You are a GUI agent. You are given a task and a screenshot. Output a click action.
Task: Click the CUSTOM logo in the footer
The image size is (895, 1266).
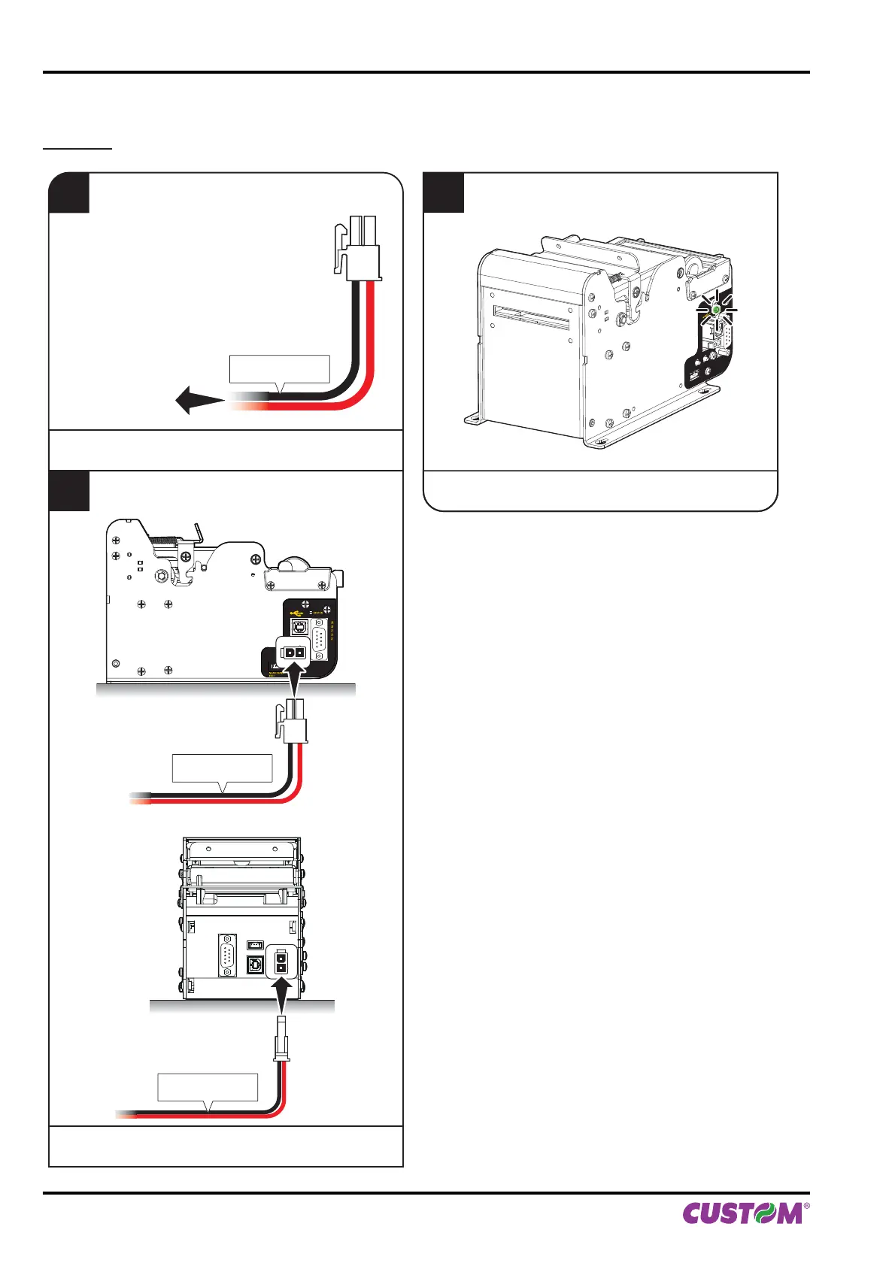pos(743,1213)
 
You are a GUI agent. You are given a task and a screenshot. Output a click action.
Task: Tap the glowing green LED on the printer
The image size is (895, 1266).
pos(717,309)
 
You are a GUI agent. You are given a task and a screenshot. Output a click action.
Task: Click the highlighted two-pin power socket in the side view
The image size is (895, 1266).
pos(293,653)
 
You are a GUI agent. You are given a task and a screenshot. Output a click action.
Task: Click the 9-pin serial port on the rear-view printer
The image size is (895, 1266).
pos(227,956)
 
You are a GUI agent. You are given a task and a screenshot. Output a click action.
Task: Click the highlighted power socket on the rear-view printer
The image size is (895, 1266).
pos(281,962)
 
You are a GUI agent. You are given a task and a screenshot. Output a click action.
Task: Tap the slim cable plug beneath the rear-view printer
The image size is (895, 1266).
pos(282,1039)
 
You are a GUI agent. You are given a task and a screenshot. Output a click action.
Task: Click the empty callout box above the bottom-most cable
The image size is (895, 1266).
pos(208,1086)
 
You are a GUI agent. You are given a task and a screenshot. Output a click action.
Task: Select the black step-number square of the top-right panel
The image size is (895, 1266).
pos(443,192)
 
